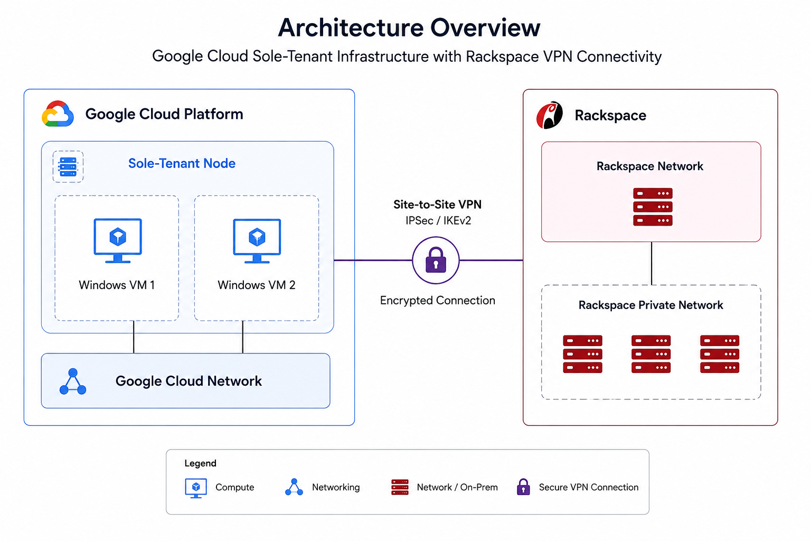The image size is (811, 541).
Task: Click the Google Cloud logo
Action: point(58,114)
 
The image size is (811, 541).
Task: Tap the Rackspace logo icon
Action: point(549,115)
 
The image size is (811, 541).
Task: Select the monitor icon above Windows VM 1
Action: point(118,240)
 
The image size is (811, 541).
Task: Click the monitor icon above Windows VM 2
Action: point(257,240)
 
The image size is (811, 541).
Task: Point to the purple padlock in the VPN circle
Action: point(436,259)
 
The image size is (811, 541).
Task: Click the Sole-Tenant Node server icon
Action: point(68,166)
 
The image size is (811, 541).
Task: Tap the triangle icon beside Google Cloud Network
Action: point(73,381)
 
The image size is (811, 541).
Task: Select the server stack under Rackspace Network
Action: point(653,207)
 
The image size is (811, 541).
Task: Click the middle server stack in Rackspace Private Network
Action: point(651,353)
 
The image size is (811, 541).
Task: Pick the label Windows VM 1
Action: point(117,285)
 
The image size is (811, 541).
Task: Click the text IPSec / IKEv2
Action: point(438,220)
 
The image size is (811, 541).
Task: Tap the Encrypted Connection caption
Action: point(437,300)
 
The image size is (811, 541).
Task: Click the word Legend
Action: point(200,463)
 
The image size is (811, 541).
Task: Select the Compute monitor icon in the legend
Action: point(196,488)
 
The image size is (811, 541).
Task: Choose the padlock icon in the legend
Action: point(523,487)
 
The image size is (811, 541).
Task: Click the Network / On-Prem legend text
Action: point(457,487)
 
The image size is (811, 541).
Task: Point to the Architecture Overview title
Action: point(409,27)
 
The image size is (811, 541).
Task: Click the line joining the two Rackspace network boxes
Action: point(652,264)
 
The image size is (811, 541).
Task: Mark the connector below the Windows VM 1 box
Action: point(134,337)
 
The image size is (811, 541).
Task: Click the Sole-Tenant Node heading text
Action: point(182,163)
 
